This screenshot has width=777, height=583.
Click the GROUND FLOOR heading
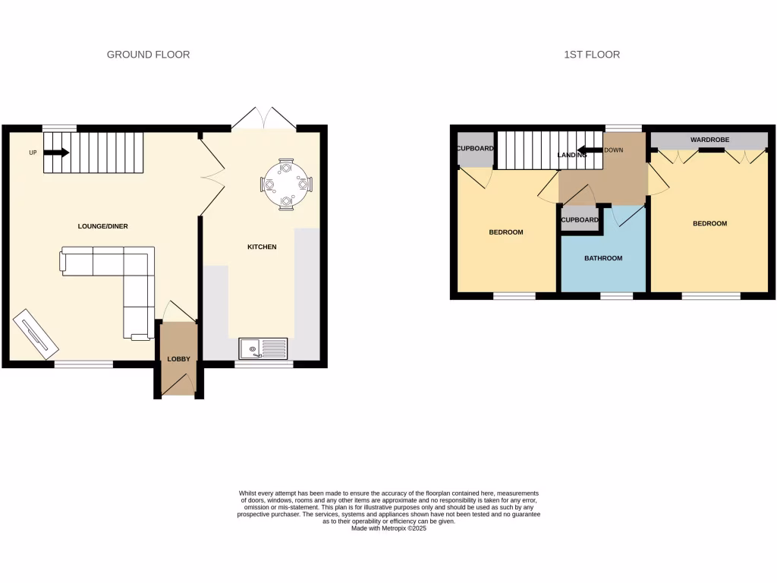(x=148, y=55)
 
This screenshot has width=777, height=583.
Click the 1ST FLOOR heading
(x=592, y=55)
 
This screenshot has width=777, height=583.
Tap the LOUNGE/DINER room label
(x=103, y=226)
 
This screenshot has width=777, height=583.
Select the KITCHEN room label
(x=262, y=247)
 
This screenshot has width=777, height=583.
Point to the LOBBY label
(x=178, y=359)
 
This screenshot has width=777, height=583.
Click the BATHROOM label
(x=603, y=258)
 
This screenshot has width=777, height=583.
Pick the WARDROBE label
(x=709, y=140)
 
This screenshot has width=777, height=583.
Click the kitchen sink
(x=263, y=348)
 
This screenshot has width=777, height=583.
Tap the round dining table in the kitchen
(x=286, y=184)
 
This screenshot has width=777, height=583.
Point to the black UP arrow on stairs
(x=56, y=153)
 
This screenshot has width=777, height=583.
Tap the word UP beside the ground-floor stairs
(x=33, y=153)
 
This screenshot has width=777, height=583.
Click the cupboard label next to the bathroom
(x=580, y=220)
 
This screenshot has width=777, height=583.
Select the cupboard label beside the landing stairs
(x=476, y=149)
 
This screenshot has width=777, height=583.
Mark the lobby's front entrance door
(x=179, y=389)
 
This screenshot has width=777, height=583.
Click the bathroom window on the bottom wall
(x=616, y=295)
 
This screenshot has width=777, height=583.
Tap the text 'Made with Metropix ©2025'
(x=388, y=528)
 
